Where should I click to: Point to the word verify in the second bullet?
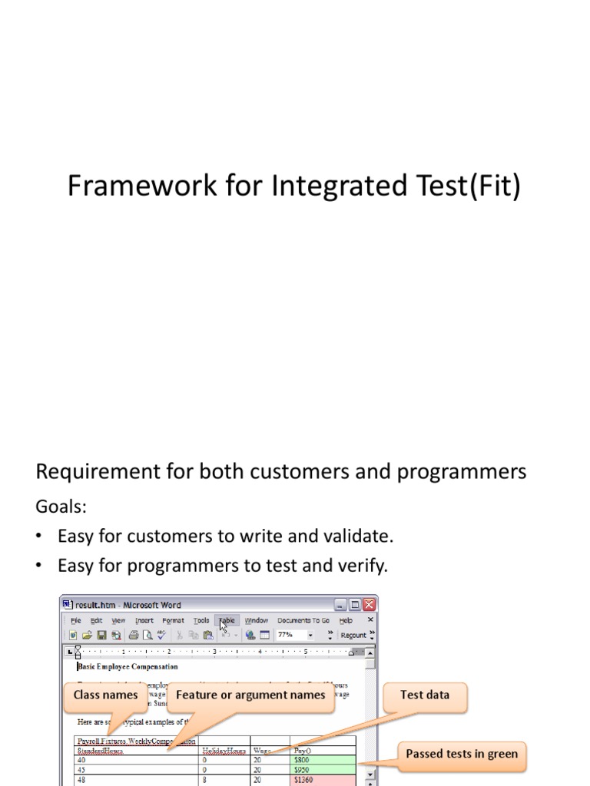coord(361,566)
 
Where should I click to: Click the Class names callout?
coord(106,695)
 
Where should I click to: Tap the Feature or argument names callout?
coord(250,695)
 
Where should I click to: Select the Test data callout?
coord(424,695)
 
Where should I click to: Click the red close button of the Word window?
coord(369,605)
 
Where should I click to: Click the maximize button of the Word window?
coord(355,605)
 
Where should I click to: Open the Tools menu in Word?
coord(201,620)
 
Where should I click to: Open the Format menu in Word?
coord(173,620)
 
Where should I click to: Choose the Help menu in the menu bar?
coord(346,620)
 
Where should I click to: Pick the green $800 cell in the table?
coord(323,759)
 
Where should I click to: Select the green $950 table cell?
coord(323,769)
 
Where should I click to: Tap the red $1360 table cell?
coord(323,780)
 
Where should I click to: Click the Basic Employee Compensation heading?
coord(128,666)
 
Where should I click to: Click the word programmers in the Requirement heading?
coord(462,471)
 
